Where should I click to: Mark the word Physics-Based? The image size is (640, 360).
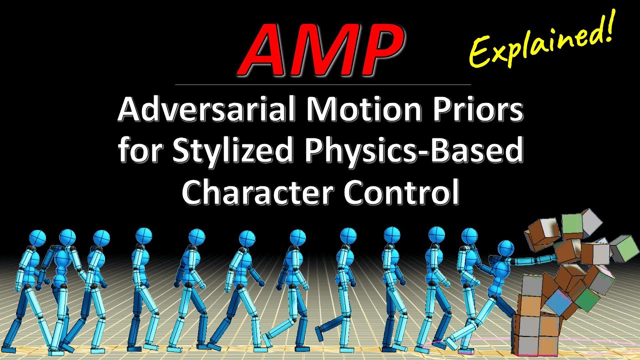pos(410,151)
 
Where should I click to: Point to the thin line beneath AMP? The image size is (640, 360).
pos(322,84)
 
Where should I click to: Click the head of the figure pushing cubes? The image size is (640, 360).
pos(506,248)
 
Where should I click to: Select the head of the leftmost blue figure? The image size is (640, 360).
pos(38,238)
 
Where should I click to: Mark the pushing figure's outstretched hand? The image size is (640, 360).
pos(552,258)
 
